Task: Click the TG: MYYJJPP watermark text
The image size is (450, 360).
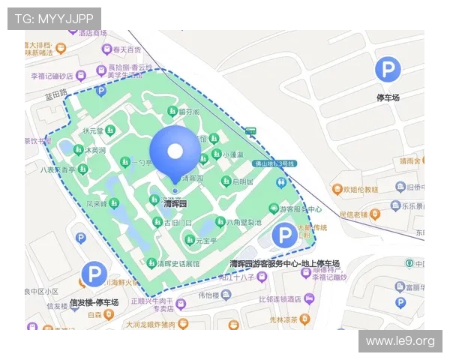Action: [x=54, y=18]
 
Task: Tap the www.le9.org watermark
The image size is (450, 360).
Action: [x=400, y=342]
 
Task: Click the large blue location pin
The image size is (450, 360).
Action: [x=175, y=152]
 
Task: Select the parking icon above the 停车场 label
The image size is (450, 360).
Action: [x=388, y=70]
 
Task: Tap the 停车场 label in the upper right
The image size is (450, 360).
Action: [x=388, y=97]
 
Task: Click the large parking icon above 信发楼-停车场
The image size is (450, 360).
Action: [x=94, y=274]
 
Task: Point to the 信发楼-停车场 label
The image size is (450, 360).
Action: [x=94, y=302]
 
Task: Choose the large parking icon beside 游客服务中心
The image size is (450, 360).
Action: [x=284, y=235]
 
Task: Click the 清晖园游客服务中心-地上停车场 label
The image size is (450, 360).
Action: [x=284, y=263]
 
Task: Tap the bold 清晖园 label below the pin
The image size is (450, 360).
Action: [x=175, y=204]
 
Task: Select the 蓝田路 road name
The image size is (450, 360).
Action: [x=56, y=95]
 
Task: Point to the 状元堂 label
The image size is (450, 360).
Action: [x=93, y=130]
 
